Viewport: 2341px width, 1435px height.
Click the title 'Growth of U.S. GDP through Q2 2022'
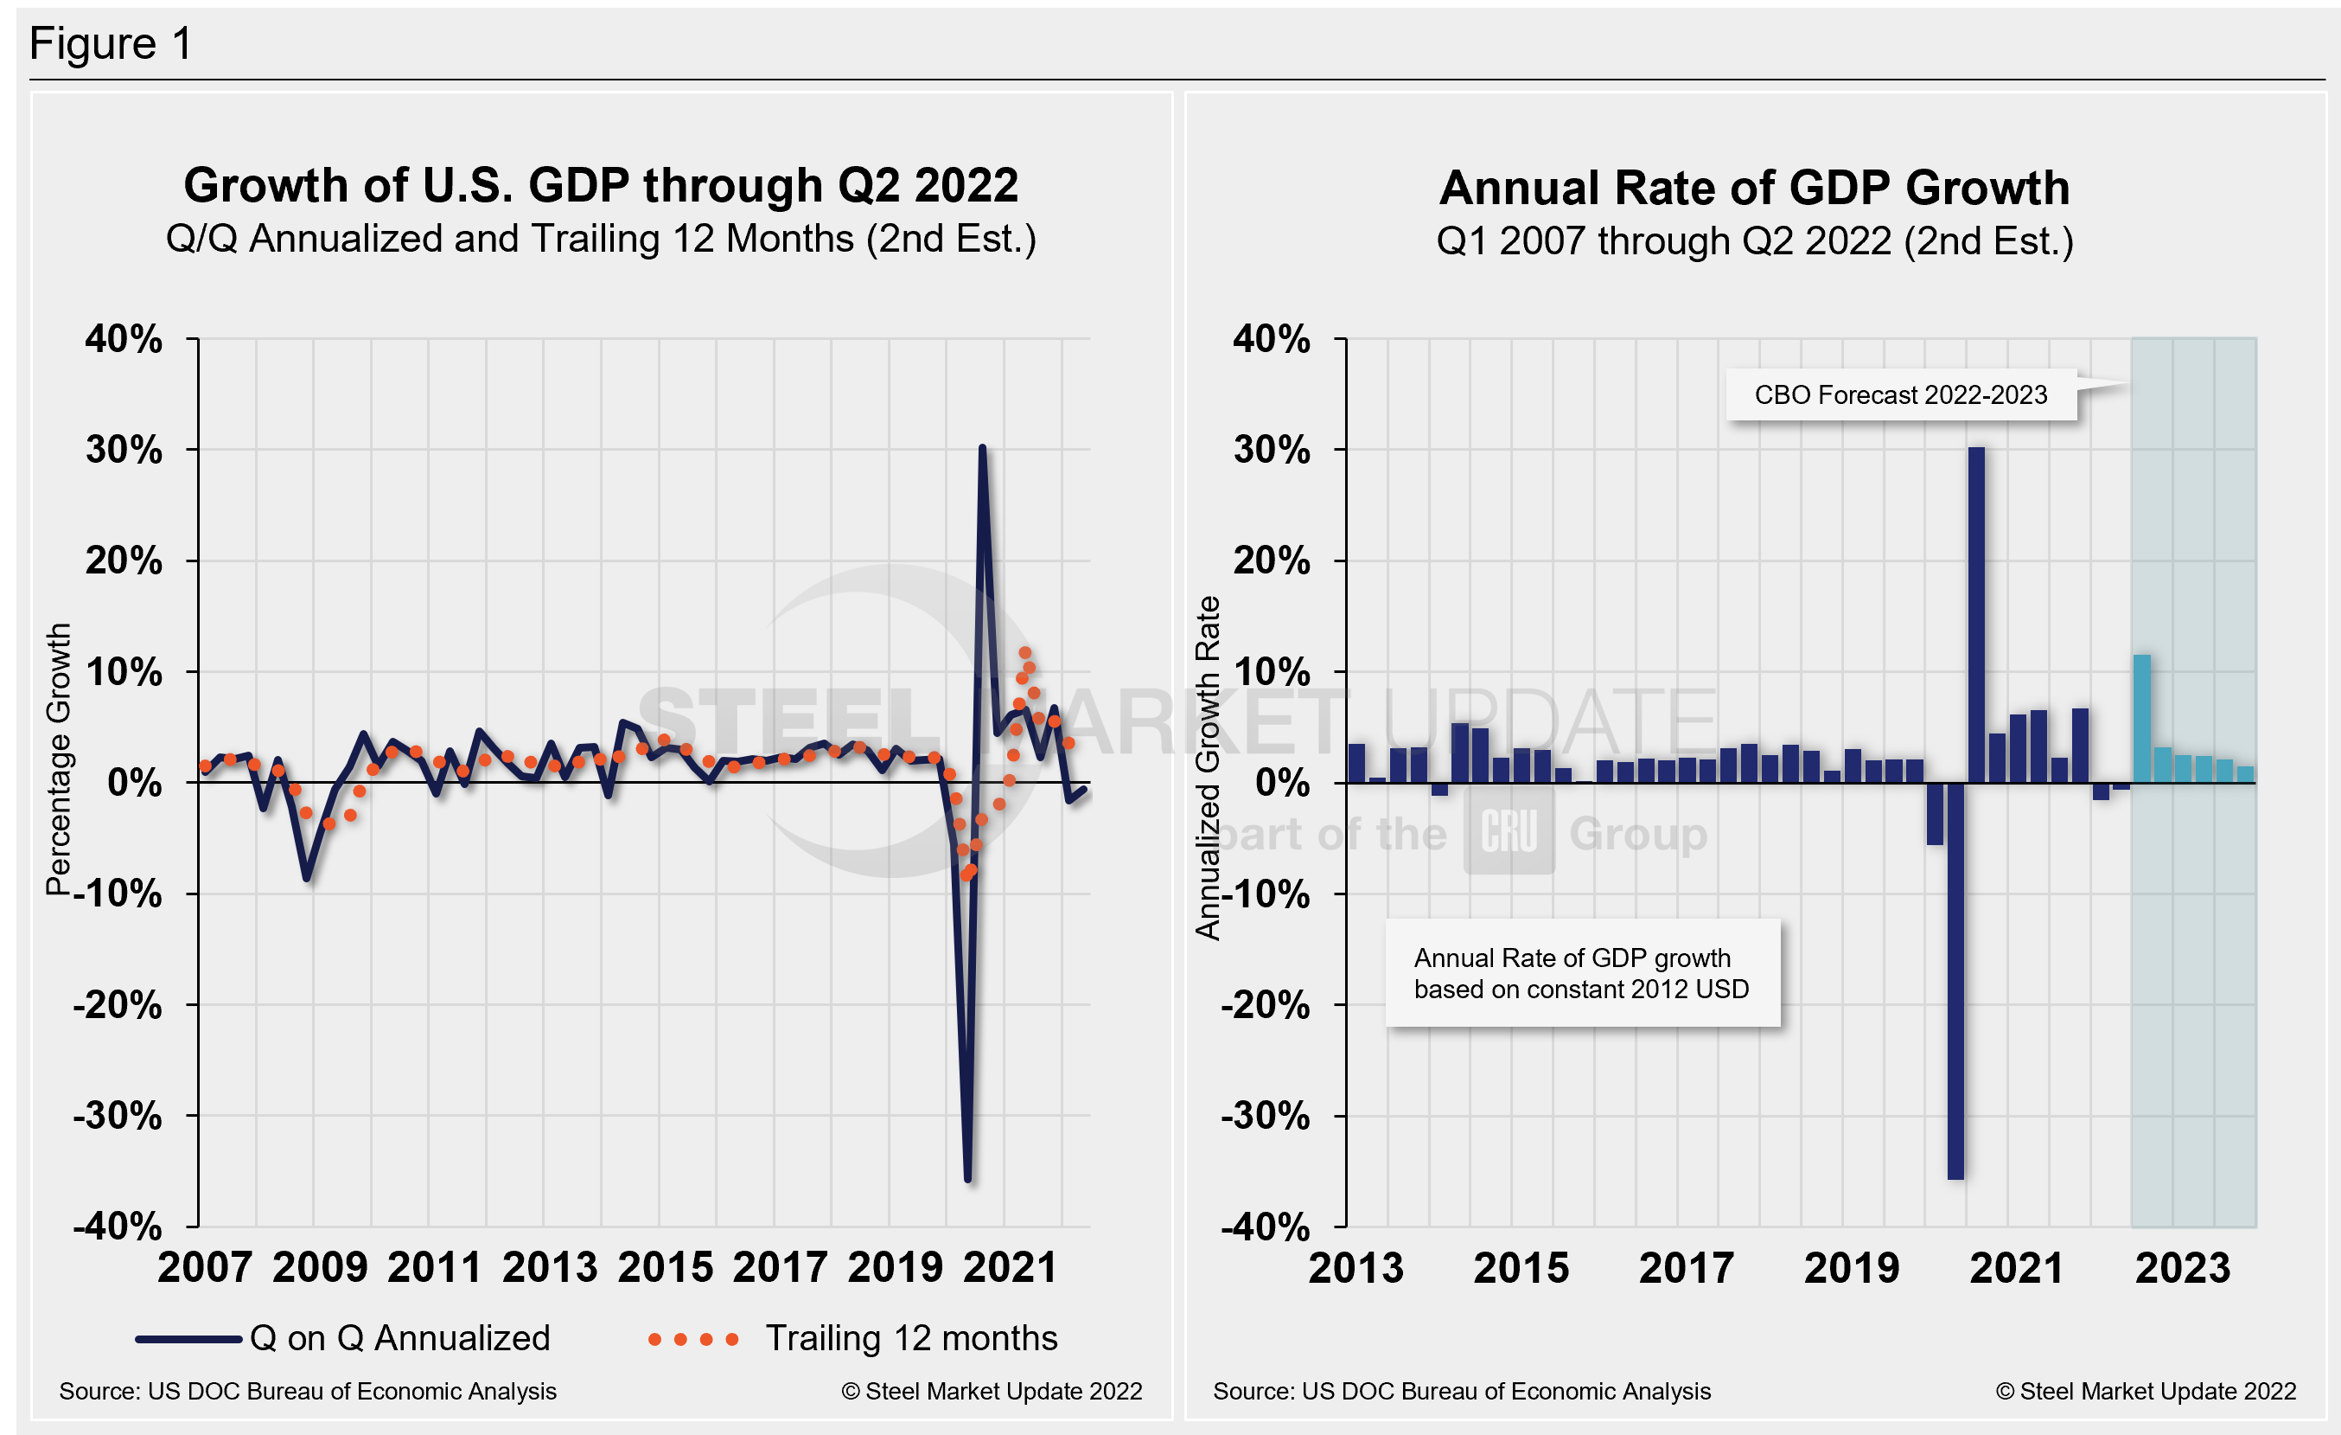601,185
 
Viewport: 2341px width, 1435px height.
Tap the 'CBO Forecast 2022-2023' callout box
1900,394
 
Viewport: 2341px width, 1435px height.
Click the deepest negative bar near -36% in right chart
1955,979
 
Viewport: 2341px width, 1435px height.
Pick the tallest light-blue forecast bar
2141,718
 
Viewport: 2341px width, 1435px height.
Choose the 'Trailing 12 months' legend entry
852,1338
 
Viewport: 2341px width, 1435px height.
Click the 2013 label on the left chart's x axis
549,1268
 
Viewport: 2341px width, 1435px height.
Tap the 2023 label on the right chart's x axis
2182,1268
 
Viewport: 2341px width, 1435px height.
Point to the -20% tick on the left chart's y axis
118,1004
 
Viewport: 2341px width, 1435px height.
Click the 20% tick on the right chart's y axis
1271,561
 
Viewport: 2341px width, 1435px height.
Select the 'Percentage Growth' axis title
59,759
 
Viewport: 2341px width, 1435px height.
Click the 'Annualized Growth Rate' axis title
1207,768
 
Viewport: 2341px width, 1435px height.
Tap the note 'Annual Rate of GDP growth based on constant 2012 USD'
1581,973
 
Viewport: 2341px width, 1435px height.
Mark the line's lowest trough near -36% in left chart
967,1179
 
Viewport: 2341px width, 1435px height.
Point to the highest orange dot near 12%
1025,653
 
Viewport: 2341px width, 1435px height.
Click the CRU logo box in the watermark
1508,831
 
